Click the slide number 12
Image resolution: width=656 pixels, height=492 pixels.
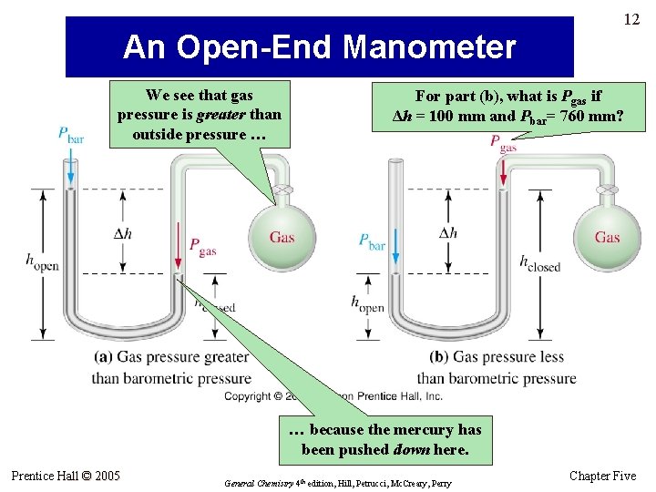(x=632, y=19)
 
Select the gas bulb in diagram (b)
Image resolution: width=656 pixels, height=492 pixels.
(x=606, y=237)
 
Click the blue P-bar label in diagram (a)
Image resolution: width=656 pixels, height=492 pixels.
(x=70, y=134)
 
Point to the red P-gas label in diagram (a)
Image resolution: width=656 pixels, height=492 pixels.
(x=202, y=246)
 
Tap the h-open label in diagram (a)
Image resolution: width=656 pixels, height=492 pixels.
(x=42, y=261)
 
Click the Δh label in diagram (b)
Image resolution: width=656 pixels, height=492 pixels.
(x=447, y=233)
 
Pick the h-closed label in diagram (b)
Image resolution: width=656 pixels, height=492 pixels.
(x=539, y=262)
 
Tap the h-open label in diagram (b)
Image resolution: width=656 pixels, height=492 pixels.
(x=367, y=303)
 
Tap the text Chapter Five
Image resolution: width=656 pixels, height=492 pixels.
(x=602, y=477)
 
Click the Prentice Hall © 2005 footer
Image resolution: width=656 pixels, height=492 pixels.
(x=66, y=476)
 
